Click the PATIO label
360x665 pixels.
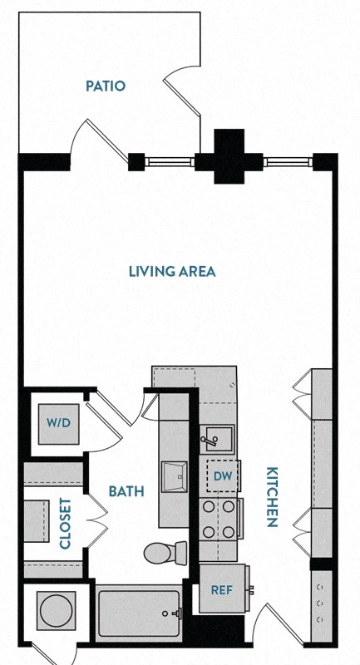(105, 86)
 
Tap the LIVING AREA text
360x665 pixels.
(172, 271)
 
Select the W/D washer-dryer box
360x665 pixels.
(58, 422)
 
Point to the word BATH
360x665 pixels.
(126, 491)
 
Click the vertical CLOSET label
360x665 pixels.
(65, 524)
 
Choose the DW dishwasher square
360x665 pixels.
(221, 476)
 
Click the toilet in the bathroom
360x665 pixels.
(165, 551)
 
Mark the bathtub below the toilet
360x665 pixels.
(139, 614)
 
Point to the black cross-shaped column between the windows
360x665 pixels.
(229, 155)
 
